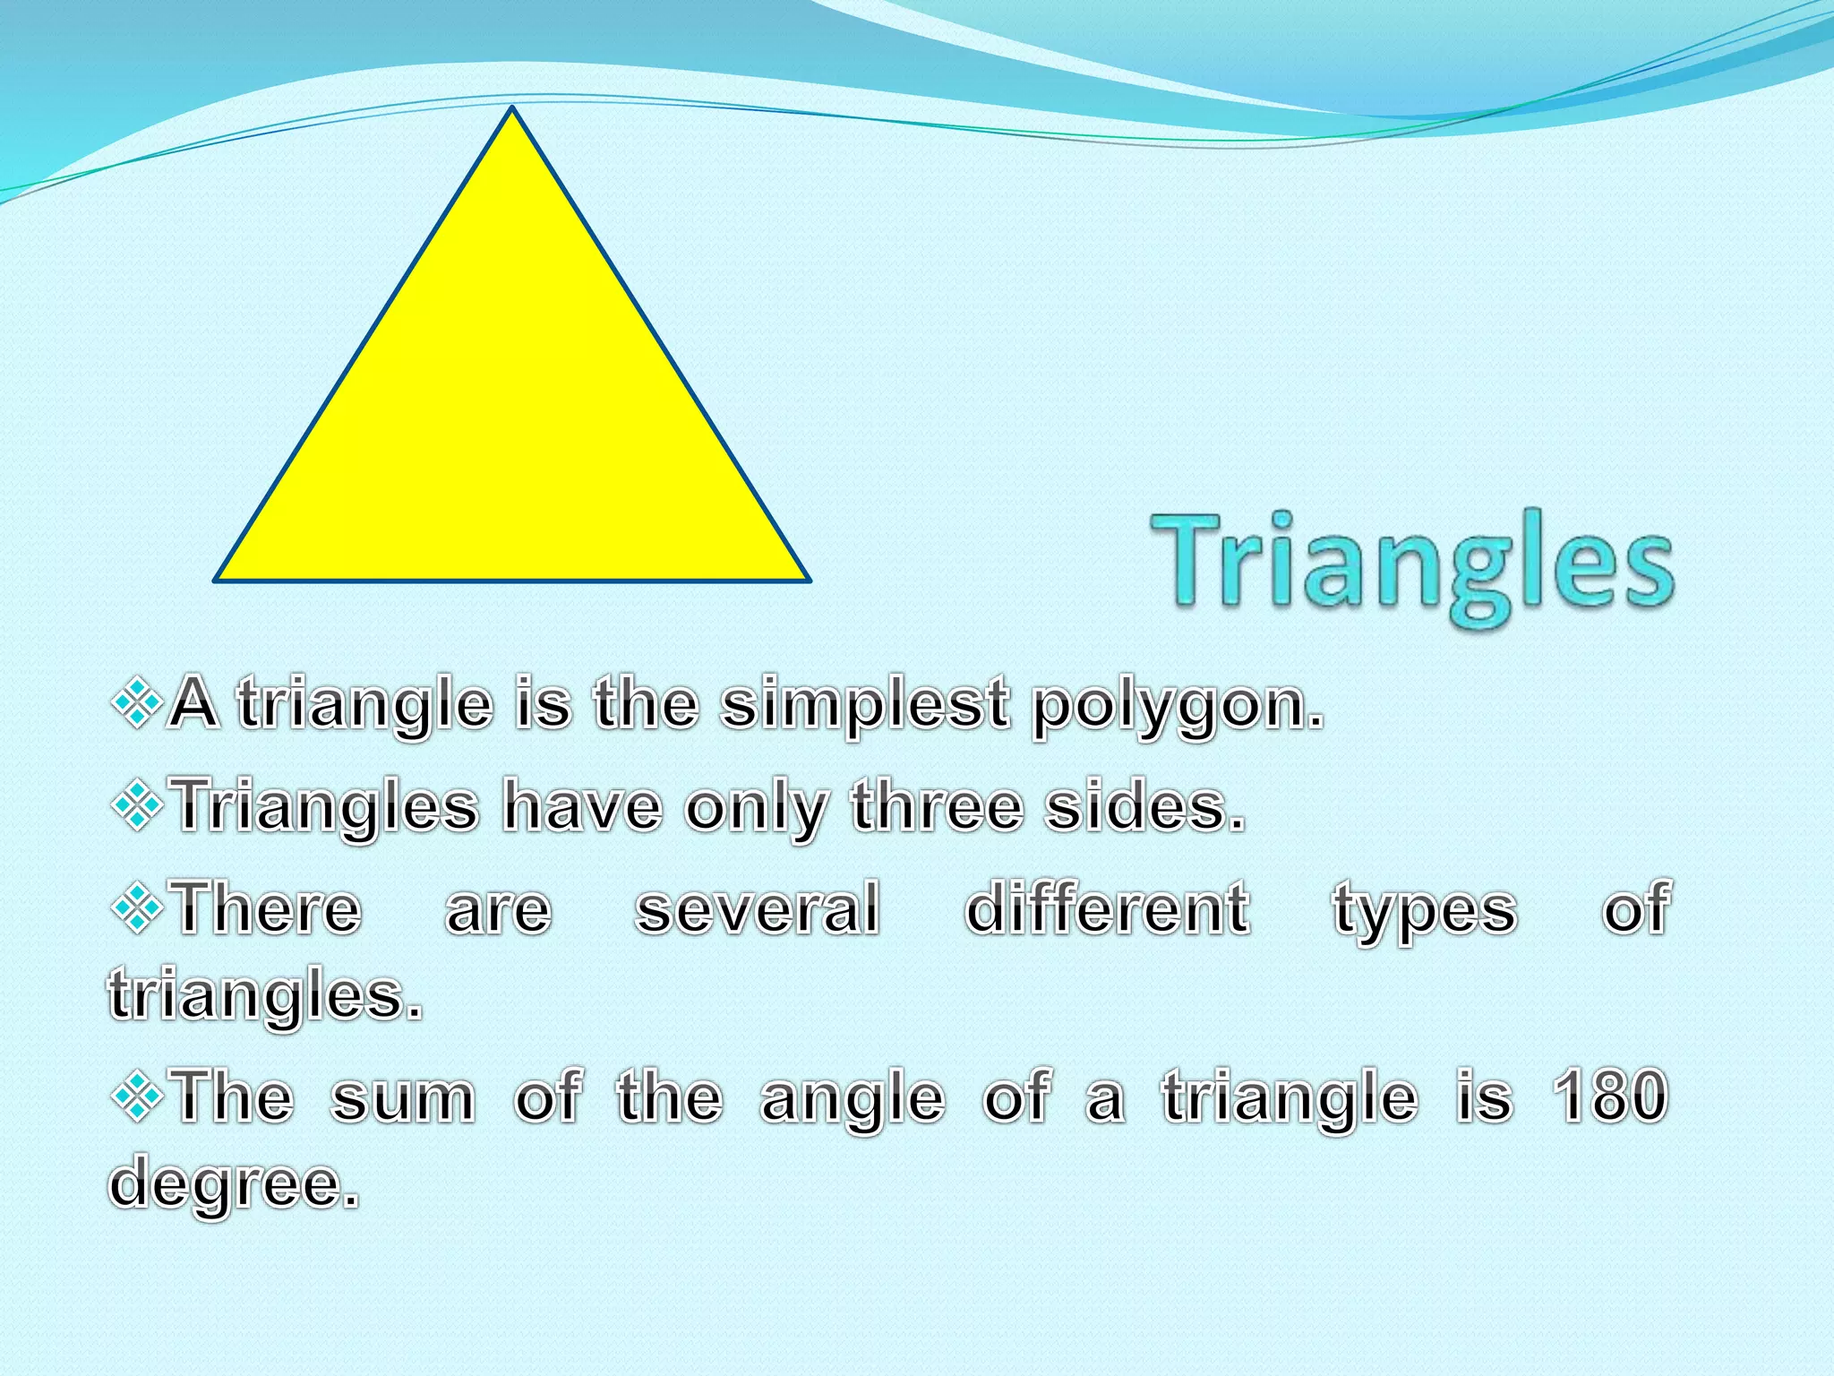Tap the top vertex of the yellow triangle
click(x=512, y=109)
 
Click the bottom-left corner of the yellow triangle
click(x=217, y=580)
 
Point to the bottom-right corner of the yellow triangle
click(x=808, y=580)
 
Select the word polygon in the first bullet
click(x=1177, y=706)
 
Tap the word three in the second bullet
click(x=937, y=806)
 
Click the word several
click(x=758, y=908)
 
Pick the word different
click(x=1107, y=908)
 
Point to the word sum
click(x=403, y=1098)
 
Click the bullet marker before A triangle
click(x=137, y=703)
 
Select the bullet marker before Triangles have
click(x=137, y=805)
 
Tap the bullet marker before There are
click(x=137, y=908)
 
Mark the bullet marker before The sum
click(x=137, y=1096)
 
